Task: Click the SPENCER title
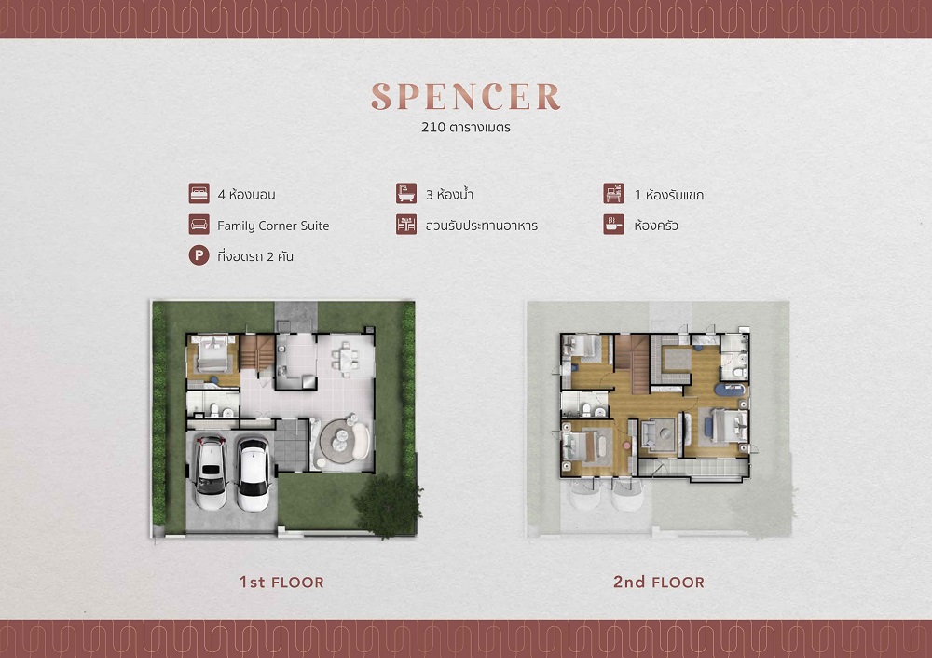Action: (x=466, y=96)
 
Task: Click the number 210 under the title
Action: (x=432, y=127)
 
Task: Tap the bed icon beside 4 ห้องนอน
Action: (x=199, y=194)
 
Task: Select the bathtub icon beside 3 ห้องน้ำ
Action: (x=406, y=194)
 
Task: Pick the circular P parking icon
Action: (x=199, y=255)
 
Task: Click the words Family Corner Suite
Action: (x=273, y=226)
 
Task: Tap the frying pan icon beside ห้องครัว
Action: (x=613, y=225)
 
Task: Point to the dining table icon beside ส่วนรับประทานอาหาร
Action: (x=406, y=225)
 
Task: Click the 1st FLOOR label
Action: (x=281, y=582)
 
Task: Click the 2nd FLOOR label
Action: (x=659, y=582)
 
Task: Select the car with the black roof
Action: (x=254, y=473)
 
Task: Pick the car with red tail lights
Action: (x=211, y=473)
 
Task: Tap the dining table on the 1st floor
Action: (x=346, y=359)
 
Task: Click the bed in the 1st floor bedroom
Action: (x=212, y=353)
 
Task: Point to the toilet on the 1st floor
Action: (x=214, y=409)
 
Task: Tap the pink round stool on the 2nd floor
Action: (x=626, y=445)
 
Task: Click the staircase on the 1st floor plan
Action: (x=257, y=352)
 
